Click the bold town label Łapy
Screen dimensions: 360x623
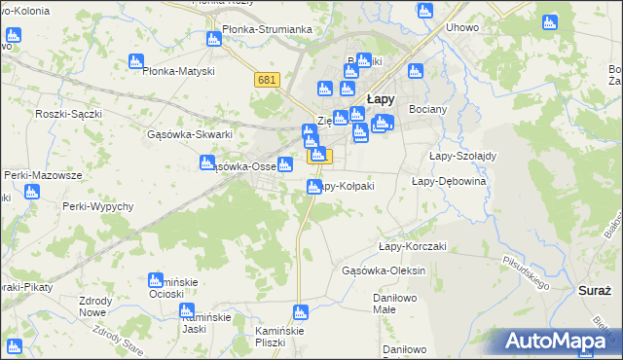381,98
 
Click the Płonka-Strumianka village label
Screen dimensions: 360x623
267,29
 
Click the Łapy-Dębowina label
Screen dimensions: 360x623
449,181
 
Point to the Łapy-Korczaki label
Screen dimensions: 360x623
412,246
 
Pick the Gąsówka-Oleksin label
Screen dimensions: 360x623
386,270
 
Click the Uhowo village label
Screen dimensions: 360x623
462,27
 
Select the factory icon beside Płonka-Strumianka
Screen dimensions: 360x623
214,39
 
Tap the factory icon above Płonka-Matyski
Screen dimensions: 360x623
135,61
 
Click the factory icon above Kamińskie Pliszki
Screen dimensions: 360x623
301,312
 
